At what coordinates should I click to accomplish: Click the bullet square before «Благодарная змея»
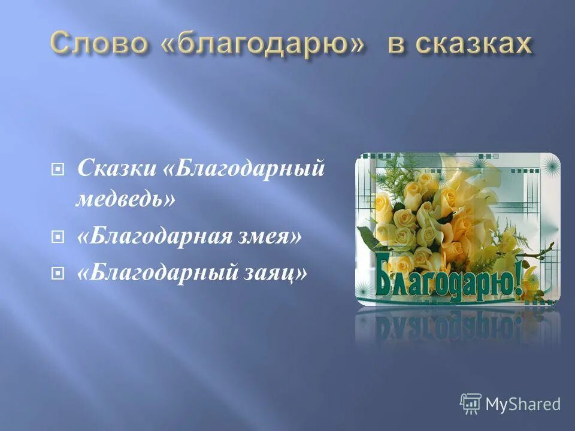click(57, 237)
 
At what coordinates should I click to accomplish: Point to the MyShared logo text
click(523, 404)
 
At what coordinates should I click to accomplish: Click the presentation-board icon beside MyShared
click(471, 404)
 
